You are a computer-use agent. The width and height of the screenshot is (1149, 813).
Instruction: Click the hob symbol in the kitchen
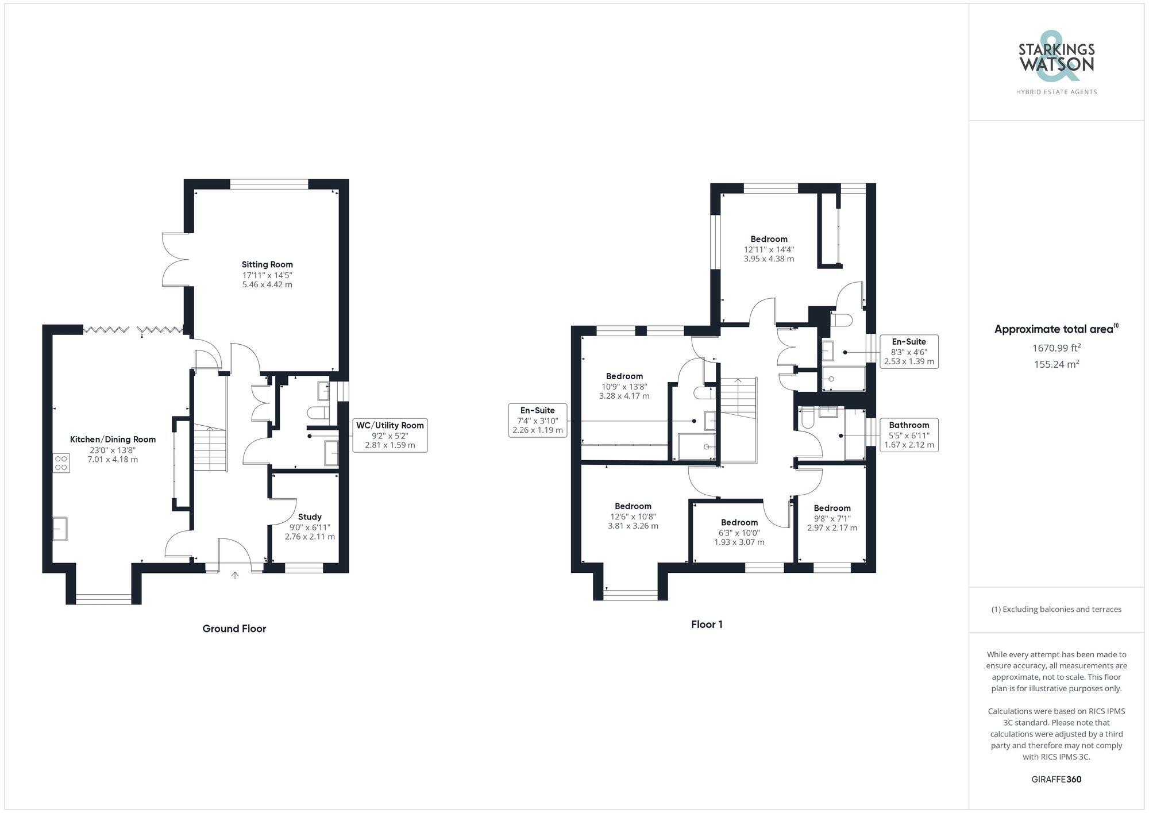pyautogui.click(x=61, y=463)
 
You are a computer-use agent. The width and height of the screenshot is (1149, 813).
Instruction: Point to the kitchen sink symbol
pyautogui.click(x=60, y=529)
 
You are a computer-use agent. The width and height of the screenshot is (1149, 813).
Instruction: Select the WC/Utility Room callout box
pyautogui.click(x=390, y=435)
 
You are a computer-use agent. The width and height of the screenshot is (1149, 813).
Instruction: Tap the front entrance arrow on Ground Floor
pyautogui.click(x=234, y=575)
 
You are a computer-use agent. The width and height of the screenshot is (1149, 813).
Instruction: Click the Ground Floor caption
pyautogui.click(x=234, y=629)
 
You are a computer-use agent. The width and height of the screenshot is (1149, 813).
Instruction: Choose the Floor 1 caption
pyautogui.click(x=707, y=625)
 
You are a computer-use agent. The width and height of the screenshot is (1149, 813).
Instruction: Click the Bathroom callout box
pyautogui.click(x=909, y=435)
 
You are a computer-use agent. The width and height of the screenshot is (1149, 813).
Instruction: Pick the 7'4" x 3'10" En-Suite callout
pyautogui.click(x=538, y=420)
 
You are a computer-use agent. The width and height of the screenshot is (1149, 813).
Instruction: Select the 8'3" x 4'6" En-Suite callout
pyautogui.click(x=909, y=352)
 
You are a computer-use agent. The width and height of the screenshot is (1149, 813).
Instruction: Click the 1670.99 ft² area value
pyautogui.click(x=1056, y=348)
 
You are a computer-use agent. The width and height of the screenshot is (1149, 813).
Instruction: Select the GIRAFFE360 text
pyautogui.click(x=1057, y=780)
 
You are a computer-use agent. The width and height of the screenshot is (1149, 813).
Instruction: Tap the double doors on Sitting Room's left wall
pyautogui.click(x=176, y=259)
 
